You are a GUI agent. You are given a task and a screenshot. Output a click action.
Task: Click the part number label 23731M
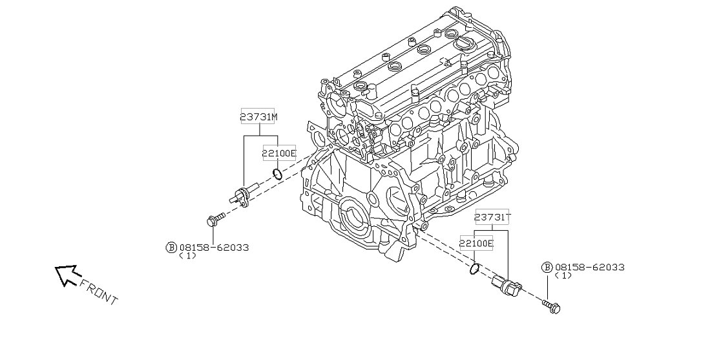pos(259,116)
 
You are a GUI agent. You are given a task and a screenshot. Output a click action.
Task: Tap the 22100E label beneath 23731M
pos(278,153)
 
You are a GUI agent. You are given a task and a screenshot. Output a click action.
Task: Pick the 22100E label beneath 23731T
pos(476,244)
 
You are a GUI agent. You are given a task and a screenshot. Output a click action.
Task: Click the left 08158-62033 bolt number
pos(214,247)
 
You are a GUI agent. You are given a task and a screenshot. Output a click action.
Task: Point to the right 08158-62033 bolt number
pos(589,267)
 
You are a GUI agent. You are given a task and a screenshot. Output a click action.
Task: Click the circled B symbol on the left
pos(171,247)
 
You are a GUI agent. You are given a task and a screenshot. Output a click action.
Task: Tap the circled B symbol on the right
pos(547,267)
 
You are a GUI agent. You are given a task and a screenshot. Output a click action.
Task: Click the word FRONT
pos(99,291)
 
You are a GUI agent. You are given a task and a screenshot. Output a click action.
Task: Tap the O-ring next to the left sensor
pos(278,174)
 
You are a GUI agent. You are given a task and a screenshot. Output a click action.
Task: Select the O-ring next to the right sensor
pos(475,267)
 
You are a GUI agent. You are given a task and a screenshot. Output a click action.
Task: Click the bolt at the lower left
pos(215,219)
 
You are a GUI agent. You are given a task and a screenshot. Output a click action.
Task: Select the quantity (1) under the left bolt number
pos(187,255)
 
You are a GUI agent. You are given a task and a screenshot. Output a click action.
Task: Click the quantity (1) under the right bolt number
pos(563,275)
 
